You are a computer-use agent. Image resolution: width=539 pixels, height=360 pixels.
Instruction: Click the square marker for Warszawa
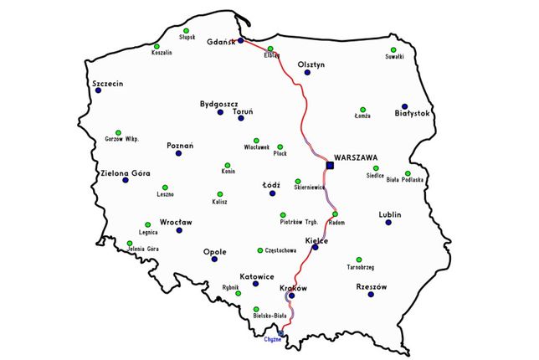click(x=330, y=166)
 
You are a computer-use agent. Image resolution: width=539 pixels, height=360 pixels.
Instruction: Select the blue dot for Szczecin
click(x=99, y=91)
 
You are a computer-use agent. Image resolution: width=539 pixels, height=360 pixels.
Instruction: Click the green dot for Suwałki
click(x=393, y=49)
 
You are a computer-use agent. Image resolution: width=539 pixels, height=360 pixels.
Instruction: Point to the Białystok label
click(x=411, y=113)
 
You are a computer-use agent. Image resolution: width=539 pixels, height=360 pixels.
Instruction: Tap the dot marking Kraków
click(x=290, y=296)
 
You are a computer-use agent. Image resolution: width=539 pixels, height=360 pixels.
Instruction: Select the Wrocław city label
click(x=176, y=222)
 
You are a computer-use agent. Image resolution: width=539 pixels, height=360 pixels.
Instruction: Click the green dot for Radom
click(x=335, y=214)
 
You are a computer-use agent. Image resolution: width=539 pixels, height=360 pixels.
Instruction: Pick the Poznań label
click(x=180, y=145)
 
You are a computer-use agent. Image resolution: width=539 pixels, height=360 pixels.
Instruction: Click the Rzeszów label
click(x=371, y=286)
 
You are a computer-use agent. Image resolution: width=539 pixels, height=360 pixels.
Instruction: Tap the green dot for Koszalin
click(x=157, y=46)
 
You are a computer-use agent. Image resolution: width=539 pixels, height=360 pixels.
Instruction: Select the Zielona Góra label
click(x=125, y=174)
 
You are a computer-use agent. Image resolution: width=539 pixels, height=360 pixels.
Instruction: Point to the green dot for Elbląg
click(x=270, y=49)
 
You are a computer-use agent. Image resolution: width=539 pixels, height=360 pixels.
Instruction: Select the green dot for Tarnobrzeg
click(x=359, y=260)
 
